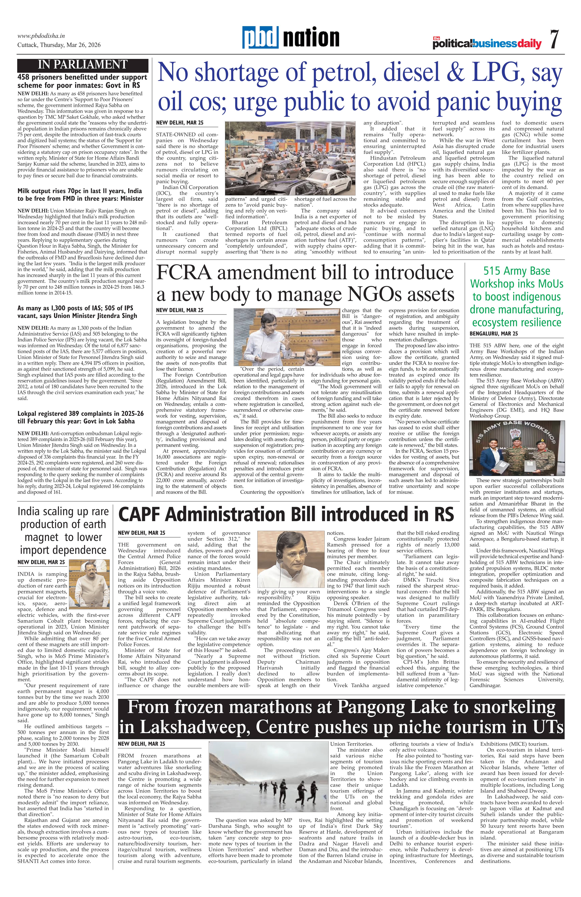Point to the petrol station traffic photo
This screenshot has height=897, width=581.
pos(290,158)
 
